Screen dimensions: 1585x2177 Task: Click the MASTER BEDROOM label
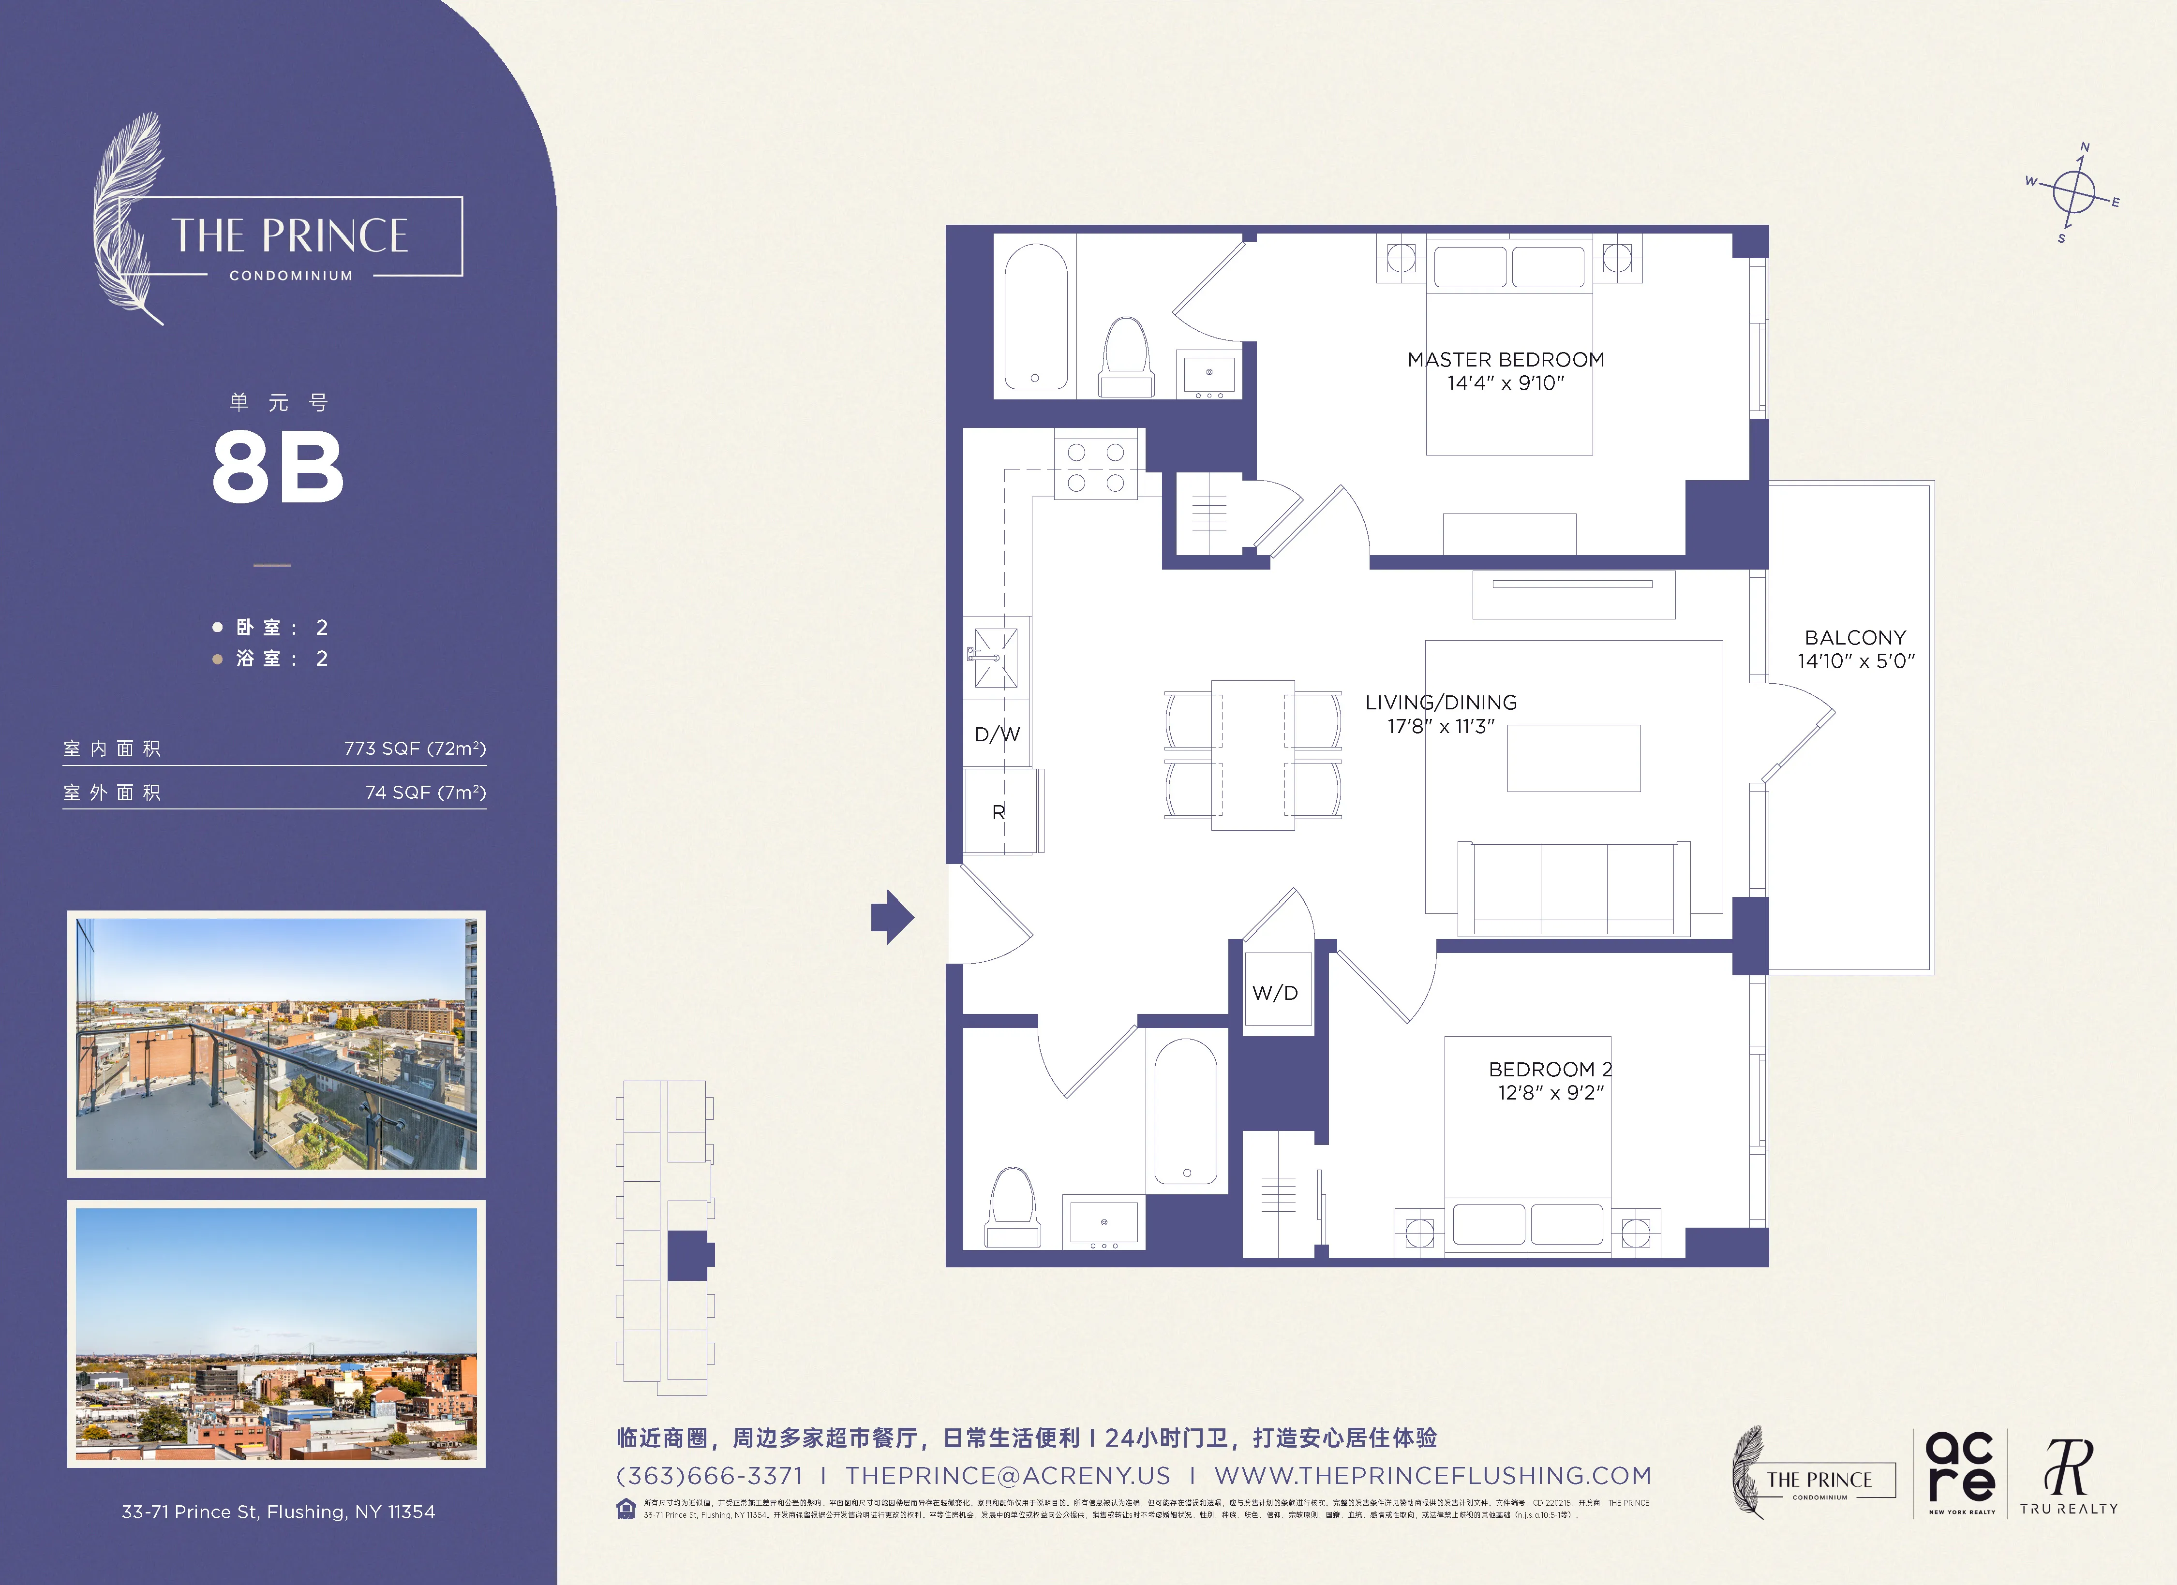tap(1505, 360)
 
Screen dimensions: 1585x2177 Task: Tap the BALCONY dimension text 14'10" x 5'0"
tap(1855, 661)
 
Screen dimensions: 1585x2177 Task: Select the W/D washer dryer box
tap(1276, 993)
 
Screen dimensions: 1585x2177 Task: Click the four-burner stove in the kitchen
tap(1095, 466)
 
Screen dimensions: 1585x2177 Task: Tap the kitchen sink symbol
tap(997, 658)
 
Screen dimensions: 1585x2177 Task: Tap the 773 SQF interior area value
tap(415, 748)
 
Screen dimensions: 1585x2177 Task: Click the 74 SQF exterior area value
tap(425, 792)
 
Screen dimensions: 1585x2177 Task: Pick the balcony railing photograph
tap(276, 1044)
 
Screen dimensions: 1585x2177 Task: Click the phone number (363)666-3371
tap(709, 1476)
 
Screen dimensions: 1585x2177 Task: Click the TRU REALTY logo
tap(2068, 1478)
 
